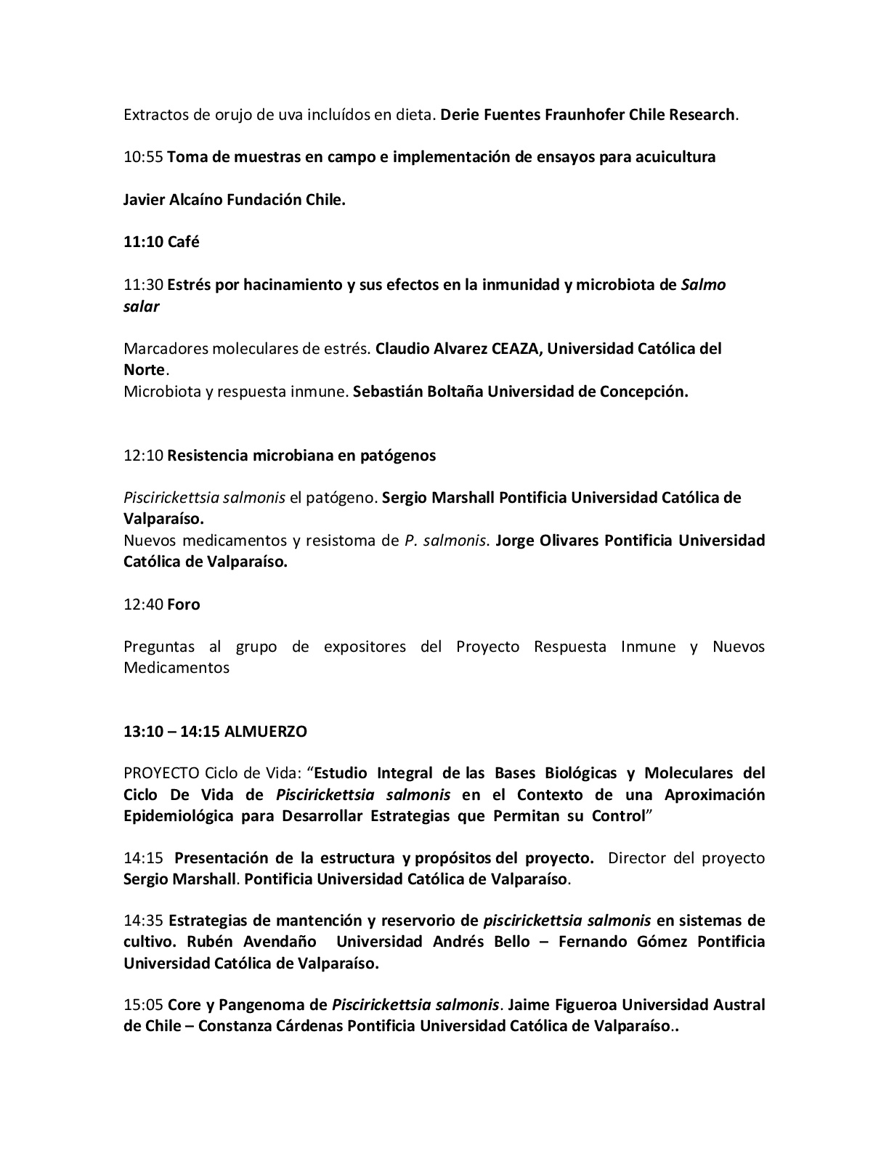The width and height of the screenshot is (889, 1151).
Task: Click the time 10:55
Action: pos(143,157)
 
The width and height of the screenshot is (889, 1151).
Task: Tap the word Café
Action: pos(183,242)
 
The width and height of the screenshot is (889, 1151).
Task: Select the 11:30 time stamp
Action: pos(143,285)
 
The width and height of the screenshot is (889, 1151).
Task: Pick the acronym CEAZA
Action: pos(515,349)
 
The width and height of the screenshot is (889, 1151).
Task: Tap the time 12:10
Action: pos(143,456)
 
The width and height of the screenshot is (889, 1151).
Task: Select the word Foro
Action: pos(183,605)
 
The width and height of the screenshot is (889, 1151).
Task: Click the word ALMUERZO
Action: pos(266,732)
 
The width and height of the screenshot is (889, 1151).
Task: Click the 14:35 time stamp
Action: pos(144,921)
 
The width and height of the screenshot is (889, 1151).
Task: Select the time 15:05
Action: pos(144,1006)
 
